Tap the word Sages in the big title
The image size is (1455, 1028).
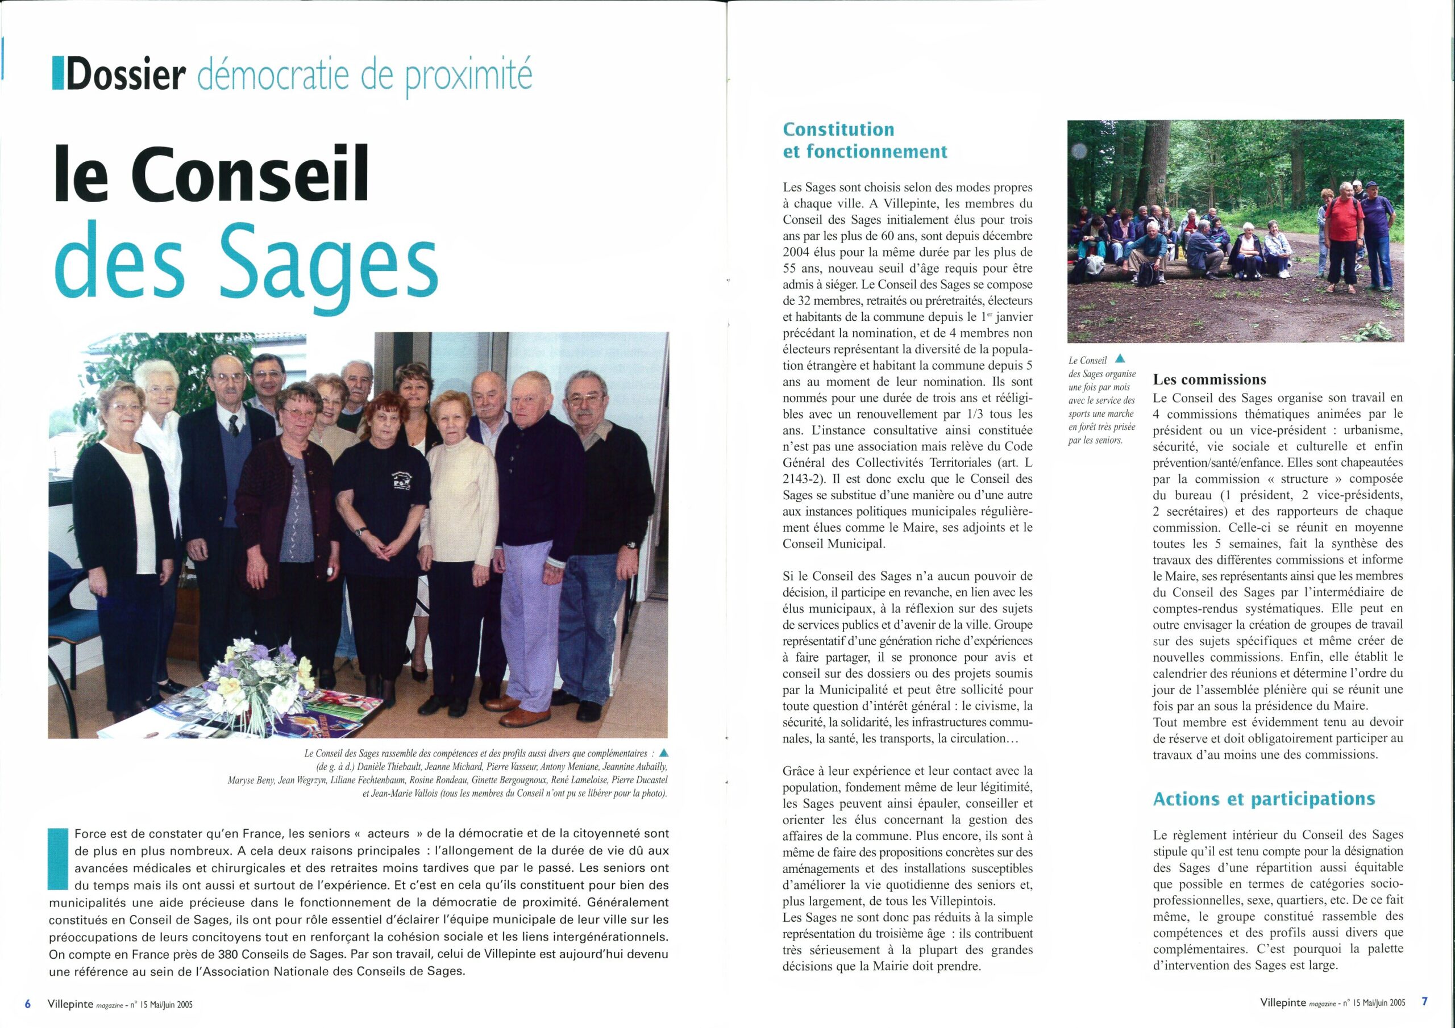click(x=329, y=265)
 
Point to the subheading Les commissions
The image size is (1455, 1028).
click(x=1209, y=379)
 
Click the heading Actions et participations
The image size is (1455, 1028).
click(x=1263, y=799)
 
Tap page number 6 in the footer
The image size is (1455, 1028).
click(x=27, y=1004)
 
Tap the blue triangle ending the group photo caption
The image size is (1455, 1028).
click(x=663, y=753)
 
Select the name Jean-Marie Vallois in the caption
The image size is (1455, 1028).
click(x=399, y=793)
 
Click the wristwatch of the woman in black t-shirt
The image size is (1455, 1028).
click(x=359, y=532)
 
